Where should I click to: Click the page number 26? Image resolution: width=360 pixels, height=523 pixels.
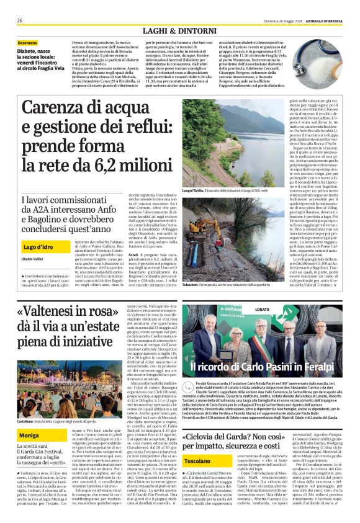pyautogui.click(x=20, y=20)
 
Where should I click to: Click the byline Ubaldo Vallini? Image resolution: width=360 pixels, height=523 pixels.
pyautogui.click(x=30, y=241)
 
